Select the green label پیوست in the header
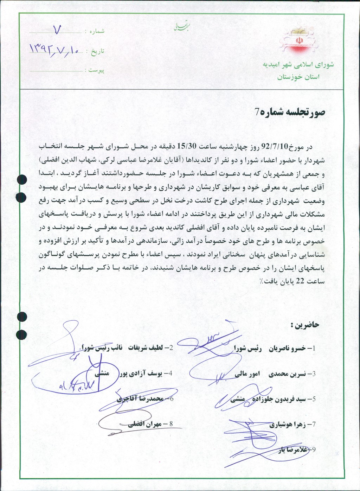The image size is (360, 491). [96, 70]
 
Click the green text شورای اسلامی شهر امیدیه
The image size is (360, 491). [298, 65]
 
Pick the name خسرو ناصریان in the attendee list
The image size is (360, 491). [287, 349]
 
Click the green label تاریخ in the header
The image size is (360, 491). [98, 51]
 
